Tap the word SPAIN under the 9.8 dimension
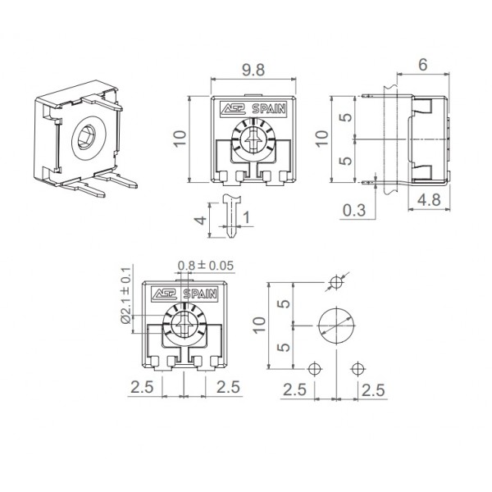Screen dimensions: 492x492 pos(269,108)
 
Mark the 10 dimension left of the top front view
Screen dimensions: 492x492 pos(180,137)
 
